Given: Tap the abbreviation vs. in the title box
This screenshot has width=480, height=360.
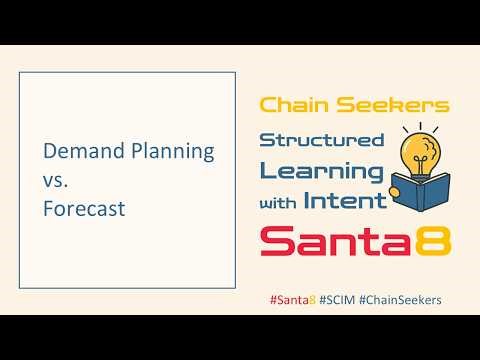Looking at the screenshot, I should [57, 181].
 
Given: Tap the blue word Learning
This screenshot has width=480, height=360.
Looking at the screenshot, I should [321, 170].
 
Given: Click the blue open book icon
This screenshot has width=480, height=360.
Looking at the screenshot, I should [419, 195].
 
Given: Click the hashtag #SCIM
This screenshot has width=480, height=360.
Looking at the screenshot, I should [339, 299].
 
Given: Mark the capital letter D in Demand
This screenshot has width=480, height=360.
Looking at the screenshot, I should [49, 153].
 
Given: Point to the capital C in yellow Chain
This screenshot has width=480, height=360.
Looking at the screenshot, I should [268, 103].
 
